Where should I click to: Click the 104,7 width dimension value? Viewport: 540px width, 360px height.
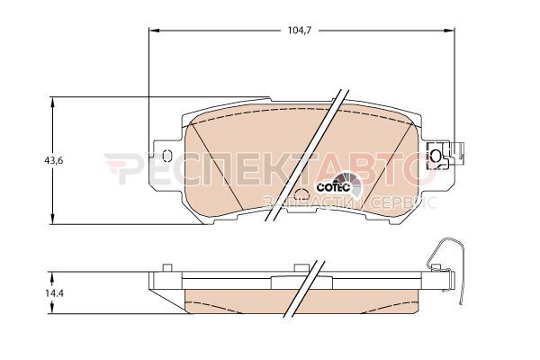pos(300,31)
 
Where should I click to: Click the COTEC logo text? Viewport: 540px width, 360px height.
pos(333,187)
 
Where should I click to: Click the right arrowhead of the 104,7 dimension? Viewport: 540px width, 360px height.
pos(448,31)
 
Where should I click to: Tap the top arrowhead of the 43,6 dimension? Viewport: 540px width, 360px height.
pos(52,103)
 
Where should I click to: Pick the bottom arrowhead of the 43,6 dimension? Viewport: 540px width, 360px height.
pos(52,219)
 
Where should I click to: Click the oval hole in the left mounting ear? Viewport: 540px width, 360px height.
pos(167,156)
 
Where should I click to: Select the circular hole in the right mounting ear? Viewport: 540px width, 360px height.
pos(436,155)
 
